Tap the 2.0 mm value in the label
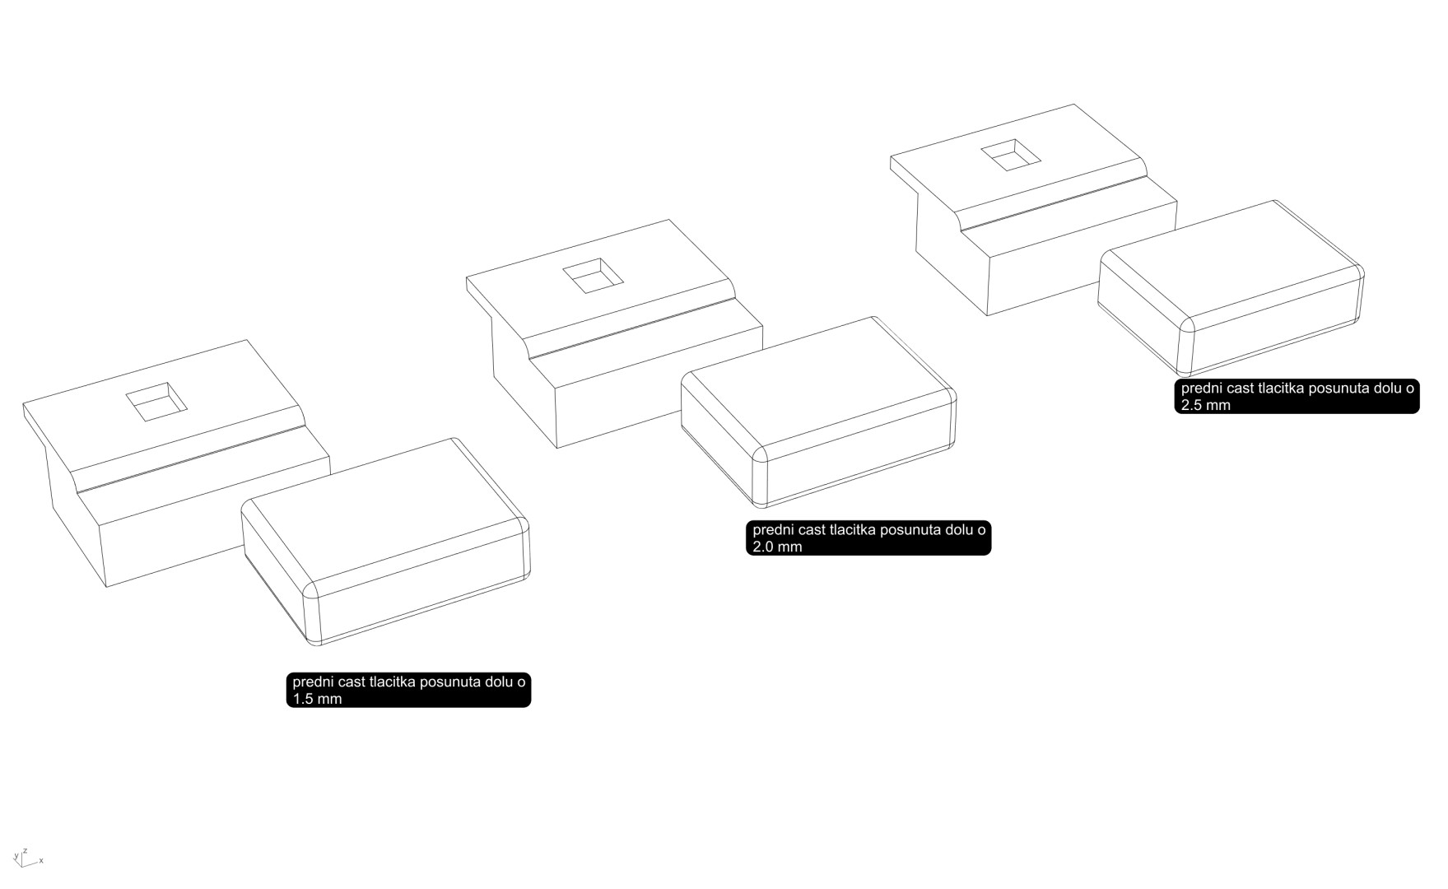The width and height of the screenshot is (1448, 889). point(777,547)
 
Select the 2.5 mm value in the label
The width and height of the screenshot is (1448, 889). point(1205,405)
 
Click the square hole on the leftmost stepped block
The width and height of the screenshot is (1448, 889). point(156,402)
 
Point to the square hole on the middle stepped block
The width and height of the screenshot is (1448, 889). point(593,275)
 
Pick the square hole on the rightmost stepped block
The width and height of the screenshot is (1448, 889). point(1011,155)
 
